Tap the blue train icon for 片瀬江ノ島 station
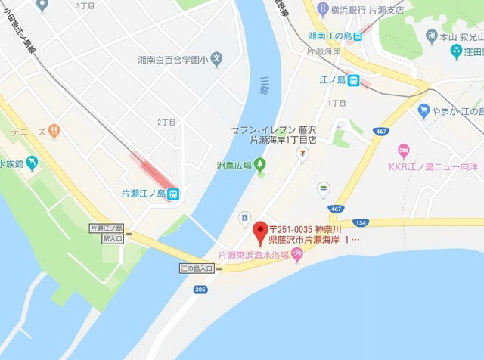tap(173, 194)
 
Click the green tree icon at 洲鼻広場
tap(259, 163)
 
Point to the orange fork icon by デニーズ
tap(53, 132)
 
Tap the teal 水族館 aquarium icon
tap(30, 163)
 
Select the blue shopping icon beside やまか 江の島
tap(423, 111)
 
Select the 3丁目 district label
tap(86, 5)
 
